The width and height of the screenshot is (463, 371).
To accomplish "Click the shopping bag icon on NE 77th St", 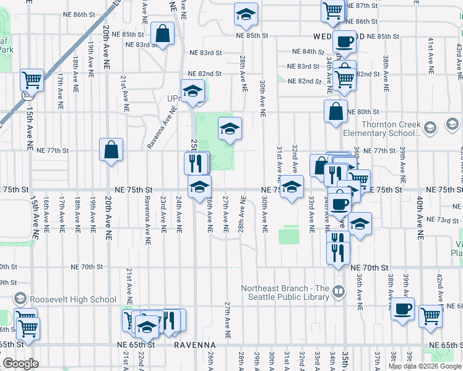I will [111, 150].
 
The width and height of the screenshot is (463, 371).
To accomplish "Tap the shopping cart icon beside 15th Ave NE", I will [32, 80].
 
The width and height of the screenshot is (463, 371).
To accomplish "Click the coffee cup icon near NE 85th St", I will [344, 42].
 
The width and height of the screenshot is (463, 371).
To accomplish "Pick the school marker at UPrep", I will [193, 91].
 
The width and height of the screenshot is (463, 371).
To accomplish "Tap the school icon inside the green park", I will [229, 129].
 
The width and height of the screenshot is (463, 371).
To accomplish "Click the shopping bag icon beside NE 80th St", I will [335, 112].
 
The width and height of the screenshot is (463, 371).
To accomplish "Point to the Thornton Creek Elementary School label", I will [391, 129].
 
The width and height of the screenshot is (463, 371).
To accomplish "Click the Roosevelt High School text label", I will [71, 299].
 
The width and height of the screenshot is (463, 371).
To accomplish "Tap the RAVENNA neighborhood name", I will [194, 344].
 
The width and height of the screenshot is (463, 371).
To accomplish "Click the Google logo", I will [20, 364].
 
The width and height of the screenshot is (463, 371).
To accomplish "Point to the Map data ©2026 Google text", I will [425, 366].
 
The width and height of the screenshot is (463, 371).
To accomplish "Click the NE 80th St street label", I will [363, 112].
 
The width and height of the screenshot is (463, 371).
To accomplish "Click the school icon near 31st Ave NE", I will [292, 187].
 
